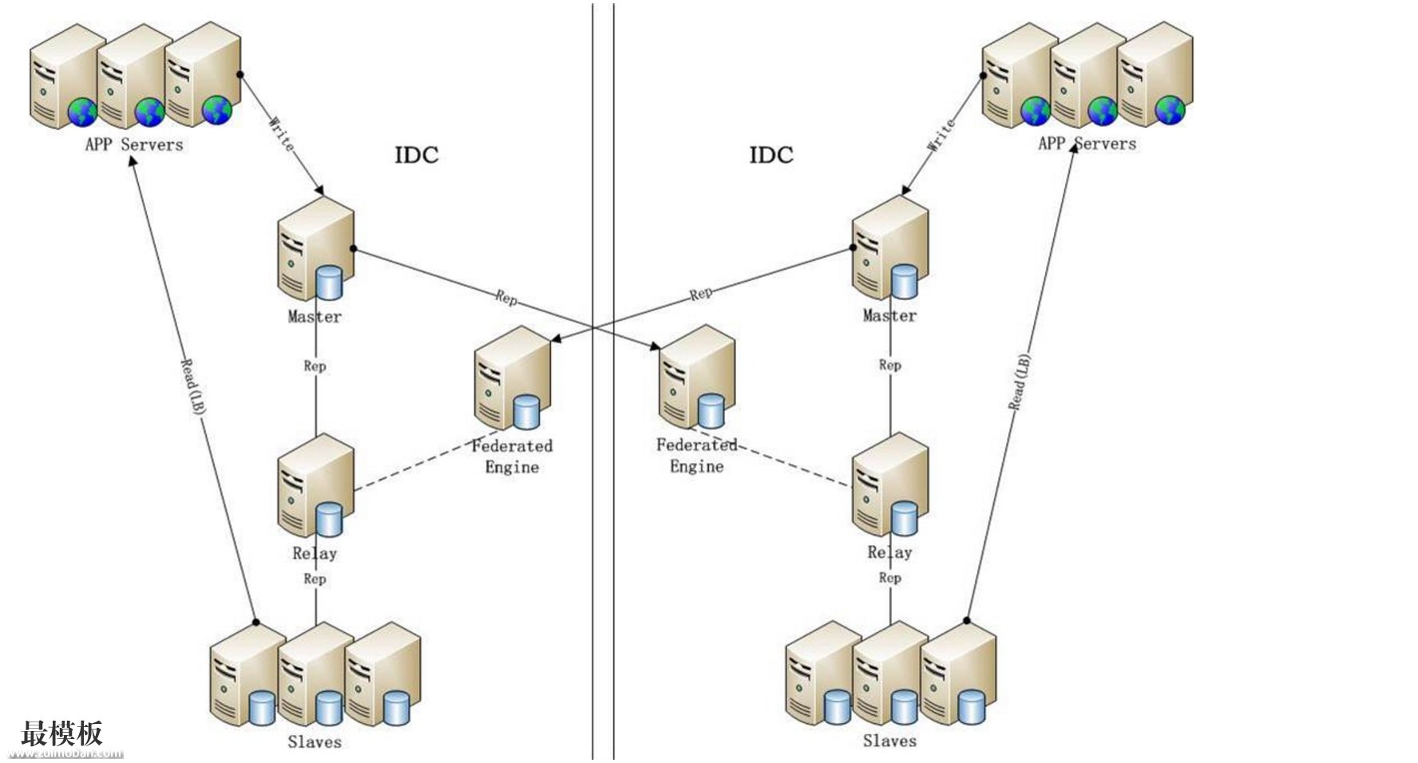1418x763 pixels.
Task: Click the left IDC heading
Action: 417,155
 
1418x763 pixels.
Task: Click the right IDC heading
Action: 771,155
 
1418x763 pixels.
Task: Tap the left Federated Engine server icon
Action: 512,378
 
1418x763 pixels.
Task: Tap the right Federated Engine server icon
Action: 696,378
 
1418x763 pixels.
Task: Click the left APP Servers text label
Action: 134,145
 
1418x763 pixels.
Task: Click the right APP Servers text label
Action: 1087,144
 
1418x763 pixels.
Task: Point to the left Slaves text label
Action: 315,742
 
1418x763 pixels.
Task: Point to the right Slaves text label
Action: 889,741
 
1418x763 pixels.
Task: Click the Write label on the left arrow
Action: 281,134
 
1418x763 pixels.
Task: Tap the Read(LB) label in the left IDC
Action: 192,388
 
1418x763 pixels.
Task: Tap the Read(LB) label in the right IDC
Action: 1020,382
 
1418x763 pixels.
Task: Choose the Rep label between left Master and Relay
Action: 315,366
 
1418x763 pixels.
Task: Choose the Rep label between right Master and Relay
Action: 889,366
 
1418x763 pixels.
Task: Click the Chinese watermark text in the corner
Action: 62,733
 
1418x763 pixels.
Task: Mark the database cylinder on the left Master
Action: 329,283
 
